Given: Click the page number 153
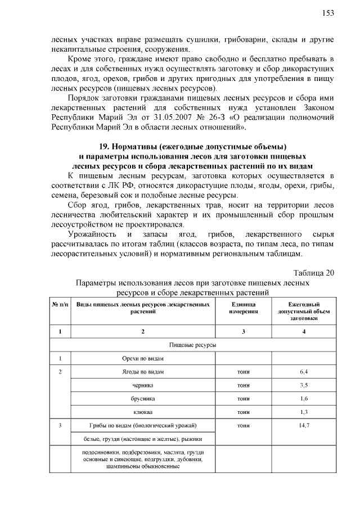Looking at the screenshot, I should click(328, 12).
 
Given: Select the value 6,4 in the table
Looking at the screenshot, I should click(304, 372).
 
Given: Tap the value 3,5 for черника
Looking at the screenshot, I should click(304, 385).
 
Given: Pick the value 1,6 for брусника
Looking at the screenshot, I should click(304, 399).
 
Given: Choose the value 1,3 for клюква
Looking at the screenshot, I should click(304, 412).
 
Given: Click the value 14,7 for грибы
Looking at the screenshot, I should click(304, 426).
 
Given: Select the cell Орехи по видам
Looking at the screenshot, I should click(143, 358).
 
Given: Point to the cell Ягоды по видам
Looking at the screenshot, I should click(143, 372).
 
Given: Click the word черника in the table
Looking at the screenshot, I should click(143, 385).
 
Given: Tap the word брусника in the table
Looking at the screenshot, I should click(143, 399).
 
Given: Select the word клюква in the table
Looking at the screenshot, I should click(143, 412).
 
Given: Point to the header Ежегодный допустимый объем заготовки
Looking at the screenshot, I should click(304, 310).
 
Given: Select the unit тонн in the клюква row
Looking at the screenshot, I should click(243, 412).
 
